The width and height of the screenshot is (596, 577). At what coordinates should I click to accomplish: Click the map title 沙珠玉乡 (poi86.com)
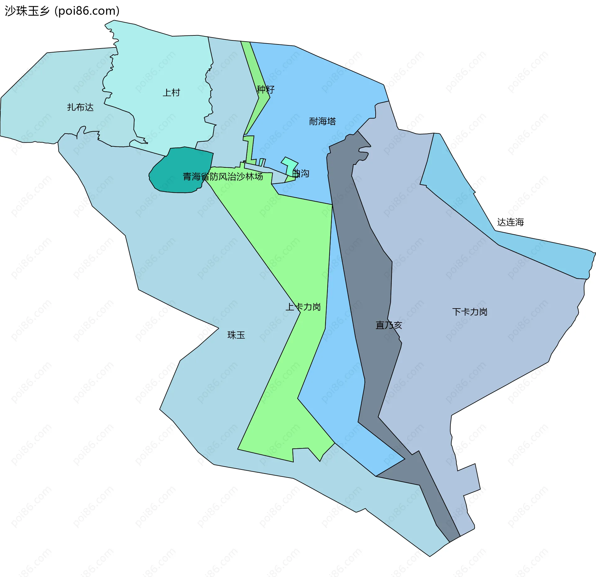coord(62,11)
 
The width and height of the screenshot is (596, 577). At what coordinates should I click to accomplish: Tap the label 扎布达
coord(80,107)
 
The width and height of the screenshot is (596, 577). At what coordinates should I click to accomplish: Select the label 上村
coord(171,93)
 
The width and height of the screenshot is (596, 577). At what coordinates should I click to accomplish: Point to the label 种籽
coord(265,89)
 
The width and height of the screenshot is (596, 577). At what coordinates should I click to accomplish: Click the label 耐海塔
coord(322,121)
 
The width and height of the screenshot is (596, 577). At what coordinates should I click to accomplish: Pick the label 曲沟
coord(301,173)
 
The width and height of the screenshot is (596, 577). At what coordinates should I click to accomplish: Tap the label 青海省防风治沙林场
coord(223,176)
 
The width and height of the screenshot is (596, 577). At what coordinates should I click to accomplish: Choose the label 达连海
coord(510,222)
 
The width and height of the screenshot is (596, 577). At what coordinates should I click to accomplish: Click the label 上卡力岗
coord(303,307)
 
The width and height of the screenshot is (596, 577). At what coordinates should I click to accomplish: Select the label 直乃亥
coord(389,325)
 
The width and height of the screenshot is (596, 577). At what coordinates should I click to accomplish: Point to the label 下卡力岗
coord(470,312)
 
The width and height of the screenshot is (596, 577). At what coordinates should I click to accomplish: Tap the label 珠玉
coord(236,335)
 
